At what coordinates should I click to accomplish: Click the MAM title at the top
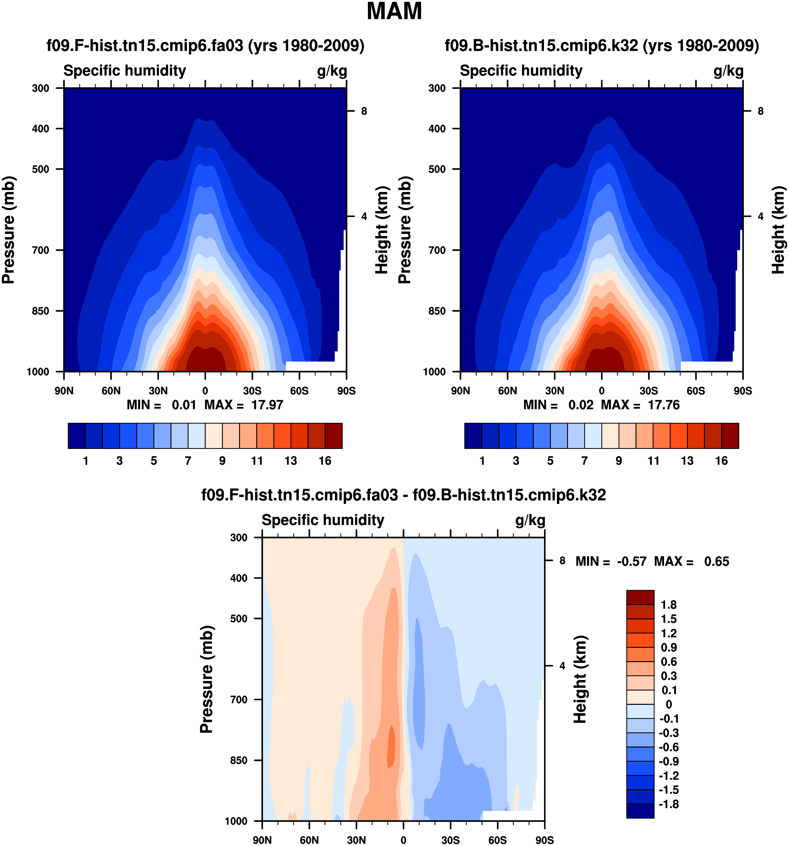[x=394, y=12]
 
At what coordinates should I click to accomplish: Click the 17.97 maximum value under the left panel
[x=267, y=405]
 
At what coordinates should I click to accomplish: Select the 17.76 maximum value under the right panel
[x=664, y=405]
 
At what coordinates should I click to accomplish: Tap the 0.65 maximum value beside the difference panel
[x=716, y=561]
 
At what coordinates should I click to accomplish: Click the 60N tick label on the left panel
[x=111, y=391]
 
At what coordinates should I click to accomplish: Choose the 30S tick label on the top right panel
[x=649, y=391]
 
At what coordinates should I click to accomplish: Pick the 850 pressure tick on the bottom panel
[x=239, y=760]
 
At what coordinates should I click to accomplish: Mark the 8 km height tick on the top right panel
[x=761, y=111]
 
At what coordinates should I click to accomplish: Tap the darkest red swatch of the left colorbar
[x=334, y=435]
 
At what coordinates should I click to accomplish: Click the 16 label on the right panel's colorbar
[x=721, y=460]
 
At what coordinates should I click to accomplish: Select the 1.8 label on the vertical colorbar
[x=668, y=605]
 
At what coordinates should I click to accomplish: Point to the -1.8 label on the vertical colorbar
[x=669, y=804]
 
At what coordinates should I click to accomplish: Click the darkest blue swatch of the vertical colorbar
[x=640, y=811]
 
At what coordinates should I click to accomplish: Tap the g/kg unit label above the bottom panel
[x=530, y=520]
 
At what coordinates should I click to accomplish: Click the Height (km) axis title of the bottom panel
[x=580, y=679]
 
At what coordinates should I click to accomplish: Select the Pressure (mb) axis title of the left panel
[x=8, y=230]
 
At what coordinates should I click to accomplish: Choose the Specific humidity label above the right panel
[x=521, y=71]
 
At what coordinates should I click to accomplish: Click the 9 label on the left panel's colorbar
[x=222, y=460]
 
